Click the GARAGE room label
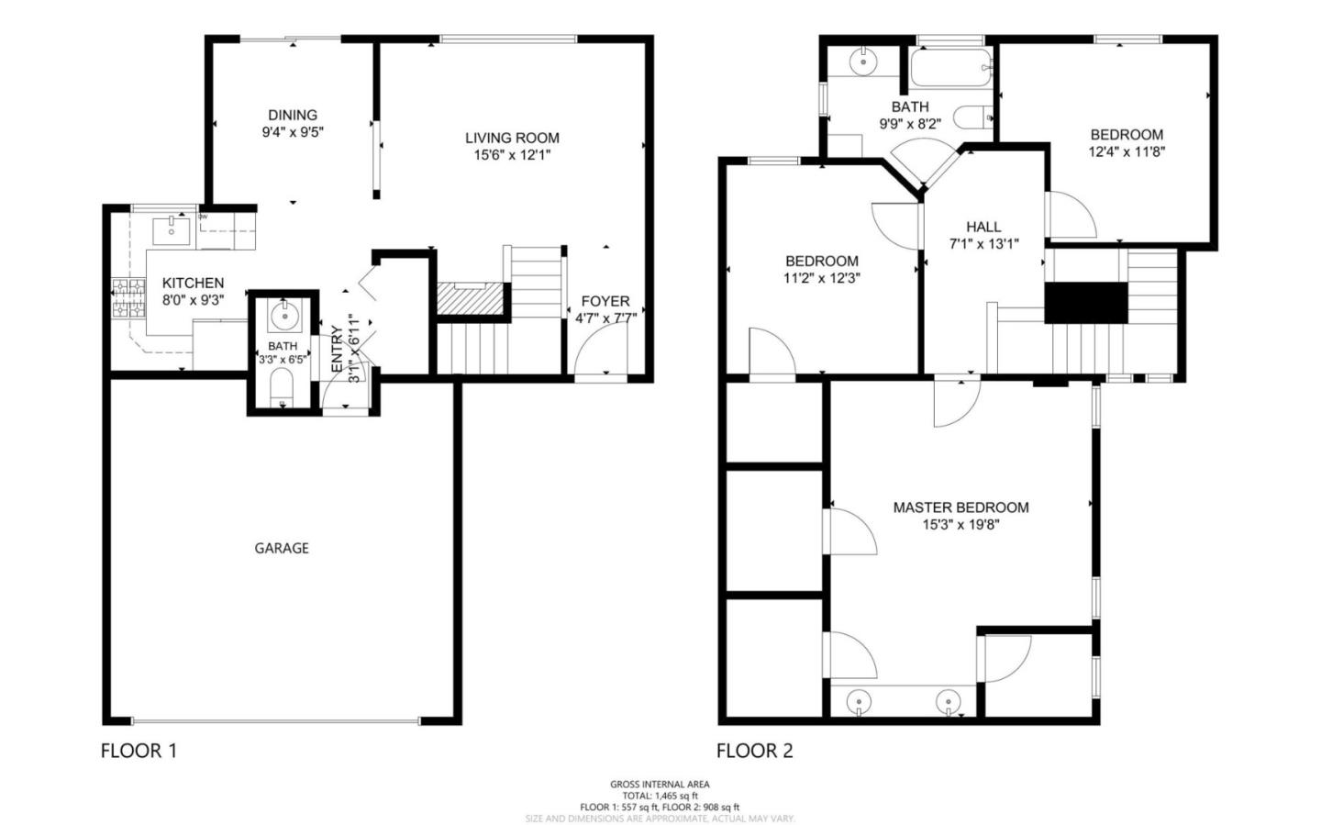(282, 548)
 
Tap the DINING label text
(293, 115)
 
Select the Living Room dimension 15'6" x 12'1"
(512, 154)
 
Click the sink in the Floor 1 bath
(284, 318)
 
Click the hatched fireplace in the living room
(471, 297)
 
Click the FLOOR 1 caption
(139, 751)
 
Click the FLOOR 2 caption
(754, 751)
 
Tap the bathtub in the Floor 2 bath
(951, 67)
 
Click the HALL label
(983, 227)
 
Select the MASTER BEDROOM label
(960, 507)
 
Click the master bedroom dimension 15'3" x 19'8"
(960, 525)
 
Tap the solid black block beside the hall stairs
(1086, 302)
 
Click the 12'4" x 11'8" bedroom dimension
(1127, 151)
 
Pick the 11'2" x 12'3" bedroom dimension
(822, 277)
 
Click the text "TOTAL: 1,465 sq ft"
(660, 796)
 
